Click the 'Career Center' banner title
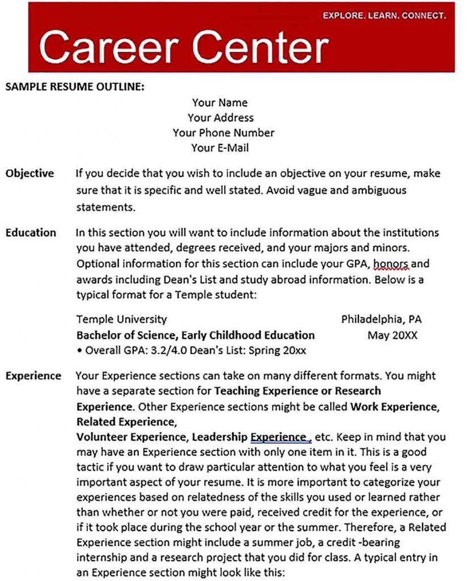[184, 47]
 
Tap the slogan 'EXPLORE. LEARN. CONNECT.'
[385, 16]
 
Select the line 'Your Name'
[219, 103]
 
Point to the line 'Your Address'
[221, 118]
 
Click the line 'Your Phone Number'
[223, 133]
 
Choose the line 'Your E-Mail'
[220, 148]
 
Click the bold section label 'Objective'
[29, 174]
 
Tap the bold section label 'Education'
[31, 233]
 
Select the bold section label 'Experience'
[33, 376]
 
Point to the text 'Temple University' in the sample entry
[121, 319]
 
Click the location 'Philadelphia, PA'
[381, 319]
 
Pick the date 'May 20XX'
[392, 335]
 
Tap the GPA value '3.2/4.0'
[168, 351]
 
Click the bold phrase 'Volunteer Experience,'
[132, 437]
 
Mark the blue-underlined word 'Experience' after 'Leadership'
[278, 437]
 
